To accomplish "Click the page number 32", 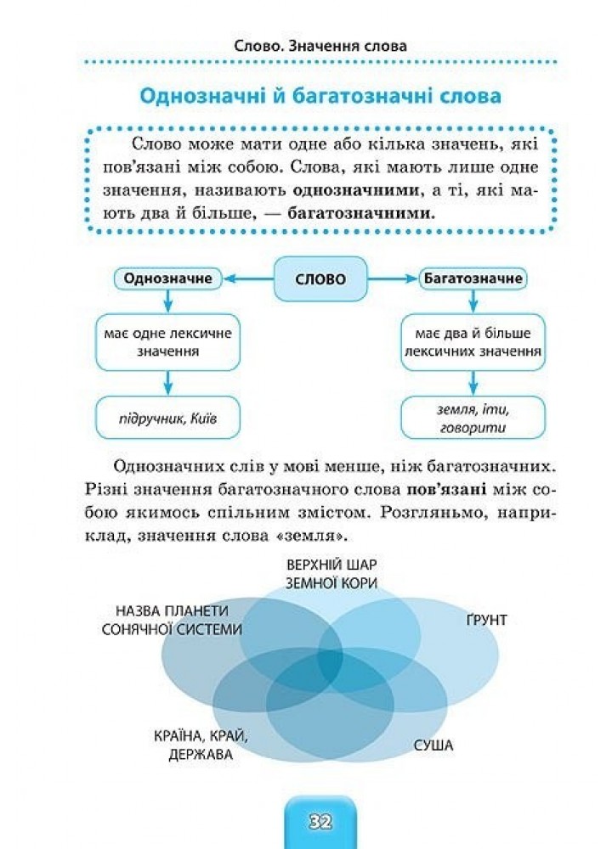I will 320,822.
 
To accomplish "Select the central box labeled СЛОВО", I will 320,279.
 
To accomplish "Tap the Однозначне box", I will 167,278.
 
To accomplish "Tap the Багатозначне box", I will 473,278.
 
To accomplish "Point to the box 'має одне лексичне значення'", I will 167,341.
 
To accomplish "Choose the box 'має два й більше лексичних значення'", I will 473,341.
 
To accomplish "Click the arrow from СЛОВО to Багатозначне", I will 393,278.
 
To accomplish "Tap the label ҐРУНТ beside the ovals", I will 486,620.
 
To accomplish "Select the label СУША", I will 433,745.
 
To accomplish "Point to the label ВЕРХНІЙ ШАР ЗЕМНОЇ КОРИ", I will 331,574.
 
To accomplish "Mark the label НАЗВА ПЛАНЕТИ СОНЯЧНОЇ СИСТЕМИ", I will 172,620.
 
